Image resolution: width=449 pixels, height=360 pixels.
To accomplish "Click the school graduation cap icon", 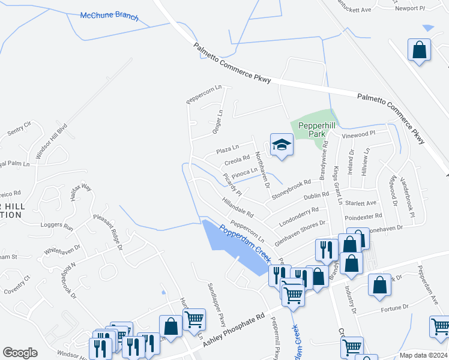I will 281,145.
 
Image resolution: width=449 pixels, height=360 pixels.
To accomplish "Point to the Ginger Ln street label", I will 218,121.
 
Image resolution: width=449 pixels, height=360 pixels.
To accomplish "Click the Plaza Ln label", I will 228,148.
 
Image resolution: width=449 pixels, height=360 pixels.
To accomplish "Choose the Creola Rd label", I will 237,161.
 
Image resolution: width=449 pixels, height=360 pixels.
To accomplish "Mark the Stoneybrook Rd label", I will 292,187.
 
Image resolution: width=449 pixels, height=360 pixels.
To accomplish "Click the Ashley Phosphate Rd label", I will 234,328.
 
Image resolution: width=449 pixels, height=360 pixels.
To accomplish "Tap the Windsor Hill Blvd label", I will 52,142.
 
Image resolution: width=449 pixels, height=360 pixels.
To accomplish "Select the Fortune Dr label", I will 394,308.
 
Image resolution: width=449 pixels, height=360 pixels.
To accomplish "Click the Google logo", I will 20,353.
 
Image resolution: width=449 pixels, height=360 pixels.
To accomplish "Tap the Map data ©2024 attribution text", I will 423,355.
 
